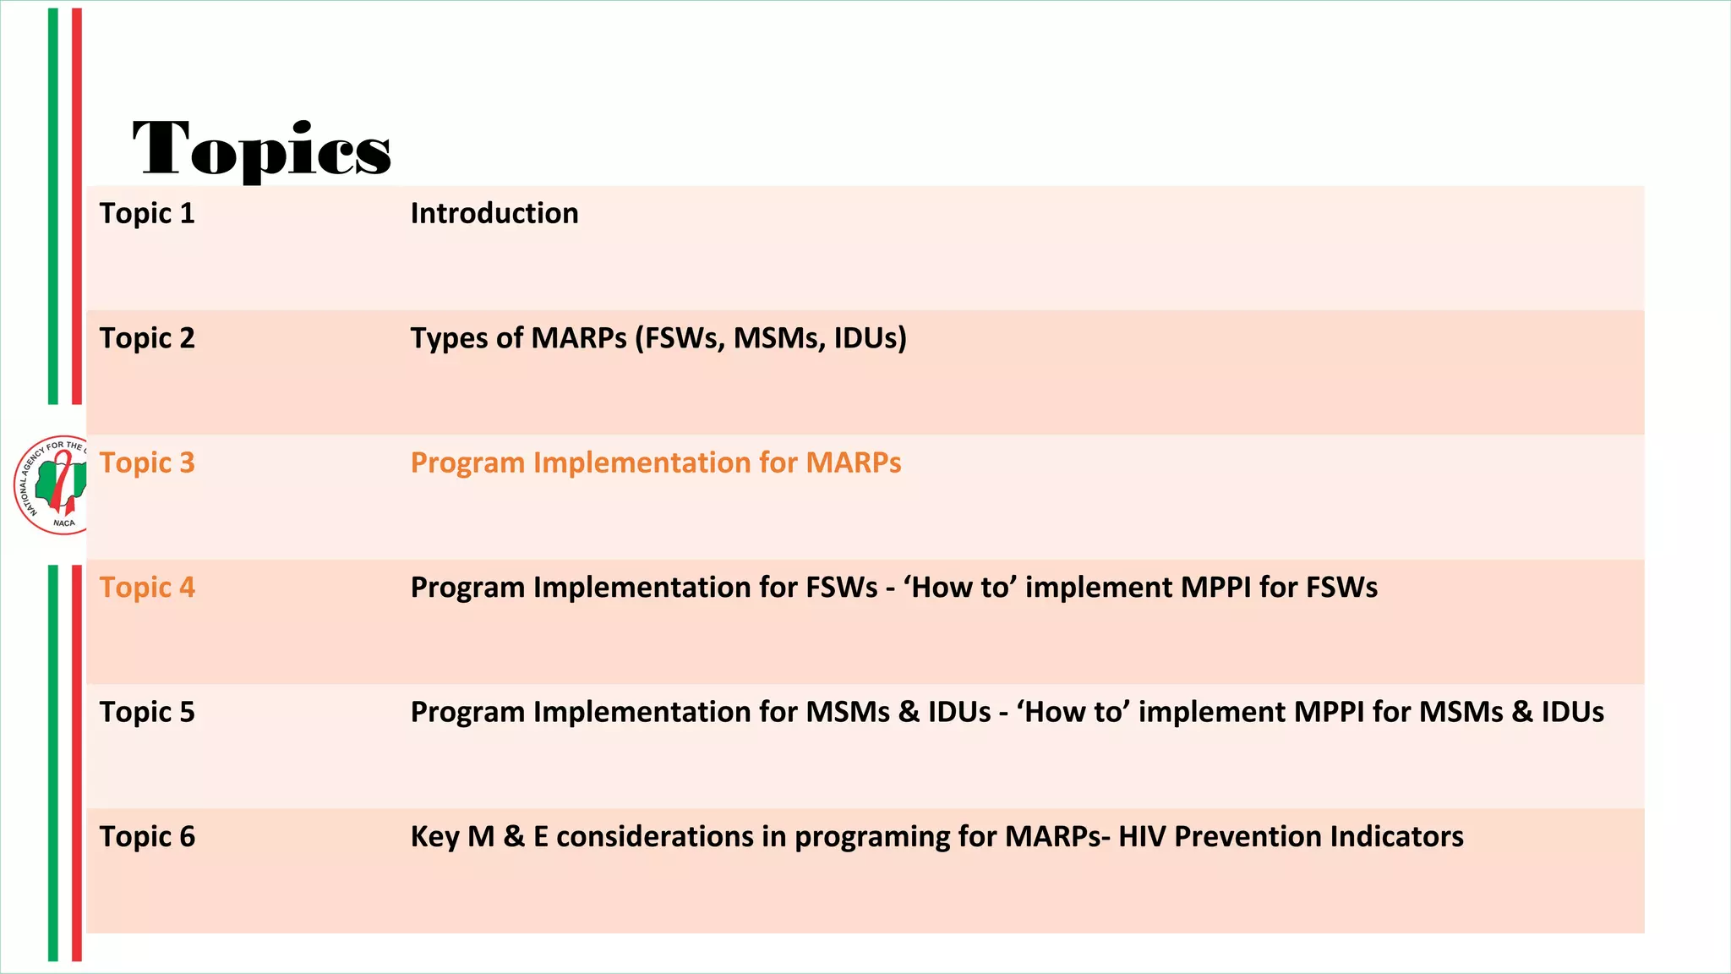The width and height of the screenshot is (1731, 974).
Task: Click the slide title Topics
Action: point(262,149)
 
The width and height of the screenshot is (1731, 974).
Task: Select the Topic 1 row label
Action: point(147,214)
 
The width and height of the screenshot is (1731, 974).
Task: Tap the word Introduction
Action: point(494,214)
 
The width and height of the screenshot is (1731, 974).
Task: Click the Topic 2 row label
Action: point(147,338)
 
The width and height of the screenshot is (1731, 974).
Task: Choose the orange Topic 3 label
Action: point(147,463)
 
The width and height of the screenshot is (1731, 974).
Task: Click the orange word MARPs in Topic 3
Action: point(853,463)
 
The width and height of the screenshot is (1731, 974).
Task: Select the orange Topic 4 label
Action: point(147,588)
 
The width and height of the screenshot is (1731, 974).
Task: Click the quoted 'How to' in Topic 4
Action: point(959,588)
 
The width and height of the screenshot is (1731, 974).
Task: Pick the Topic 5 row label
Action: point(147,712)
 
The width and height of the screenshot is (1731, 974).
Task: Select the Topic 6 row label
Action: point(147,837)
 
